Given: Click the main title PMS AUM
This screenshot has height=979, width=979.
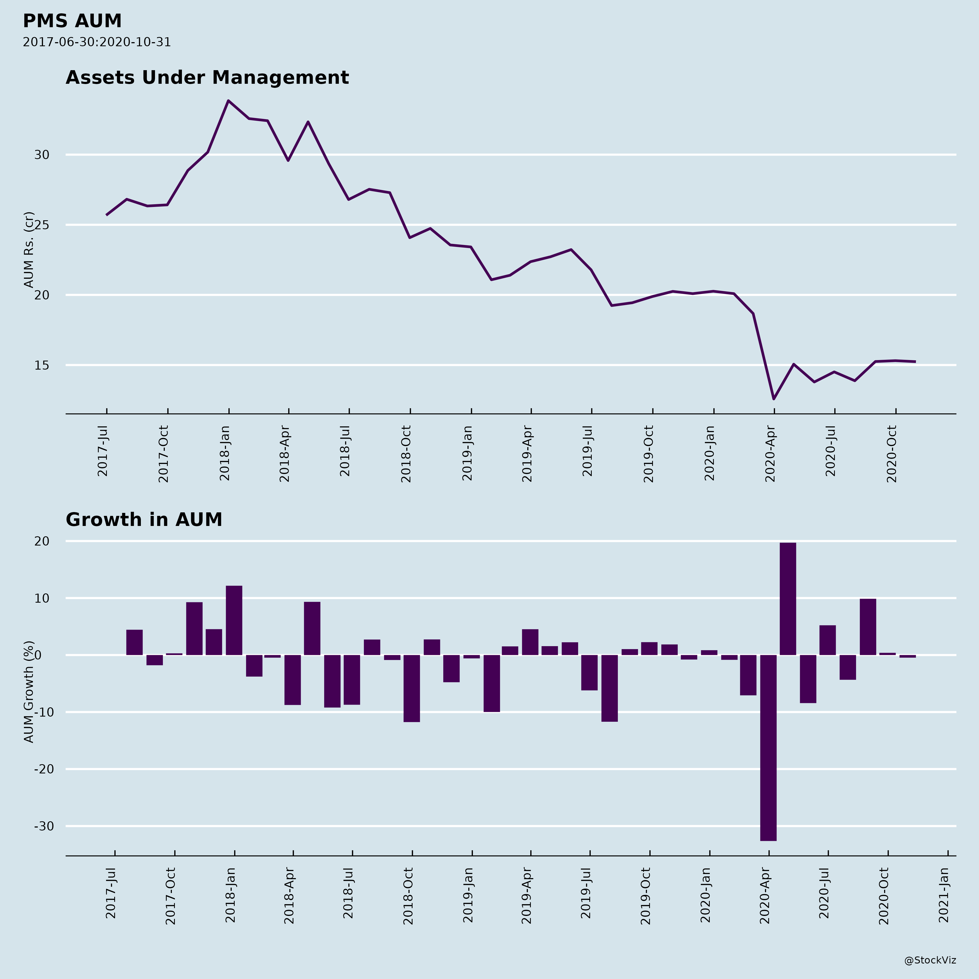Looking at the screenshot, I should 72,21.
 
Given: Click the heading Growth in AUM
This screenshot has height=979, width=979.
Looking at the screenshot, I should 144,520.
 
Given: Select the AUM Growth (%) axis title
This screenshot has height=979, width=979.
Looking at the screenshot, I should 29,692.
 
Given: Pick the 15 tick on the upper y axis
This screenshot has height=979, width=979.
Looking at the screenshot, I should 42,365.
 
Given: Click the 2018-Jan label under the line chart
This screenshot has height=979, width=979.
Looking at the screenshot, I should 225,454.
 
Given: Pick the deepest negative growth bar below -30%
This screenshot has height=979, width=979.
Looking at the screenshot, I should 768,747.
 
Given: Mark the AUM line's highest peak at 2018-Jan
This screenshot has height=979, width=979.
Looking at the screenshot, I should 228,101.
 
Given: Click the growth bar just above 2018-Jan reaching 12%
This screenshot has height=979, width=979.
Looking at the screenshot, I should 234,620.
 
